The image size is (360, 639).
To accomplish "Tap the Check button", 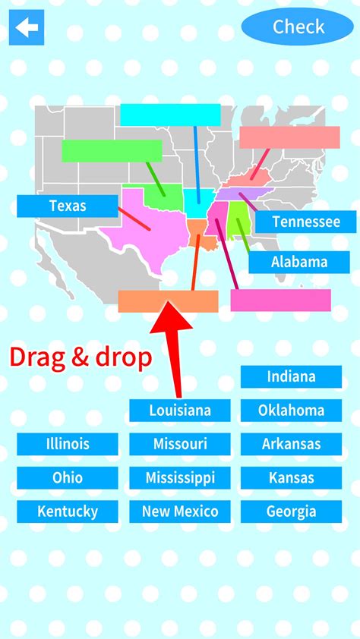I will click(298, 27).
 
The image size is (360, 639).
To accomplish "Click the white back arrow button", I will click(27, 27).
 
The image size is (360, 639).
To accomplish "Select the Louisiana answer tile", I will click(179, 411).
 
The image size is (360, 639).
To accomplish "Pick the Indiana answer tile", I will click(291, 376).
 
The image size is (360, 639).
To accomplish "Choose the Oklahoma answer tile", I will click(291, 411).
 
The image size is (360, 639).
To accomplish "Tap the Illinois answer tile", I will click(68, 444).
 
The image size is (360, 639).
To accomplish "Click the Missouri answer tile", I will click(179, 444).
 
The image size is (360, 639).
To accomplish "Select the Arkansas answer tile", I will click(291, 444).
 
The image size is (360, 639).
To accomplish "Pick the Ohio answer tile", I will click(68, 478).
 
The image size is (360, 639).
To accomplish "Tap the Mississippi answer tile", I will click(179, 478).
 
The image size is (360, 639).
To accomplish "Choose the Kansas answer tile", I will click(291, 478).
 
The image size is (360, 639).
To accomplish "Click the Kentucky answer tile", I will click(68, 512).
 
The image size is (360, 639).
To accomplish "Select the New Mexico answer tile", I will click(179, 512).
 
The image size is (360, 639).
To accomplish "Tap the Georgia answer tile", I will click(291, 512).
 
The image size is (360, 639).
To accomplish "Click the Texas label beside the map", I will click(68, 206).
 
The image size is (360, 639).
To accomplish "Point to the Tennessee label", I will click(305, 222).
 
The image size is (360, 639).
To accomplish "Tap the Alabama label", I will click(298, 263).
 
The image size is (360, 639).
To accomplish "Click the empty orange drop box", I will click(168, 301).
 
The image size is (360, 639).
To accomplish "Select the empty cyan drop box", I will click(170, 115).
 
